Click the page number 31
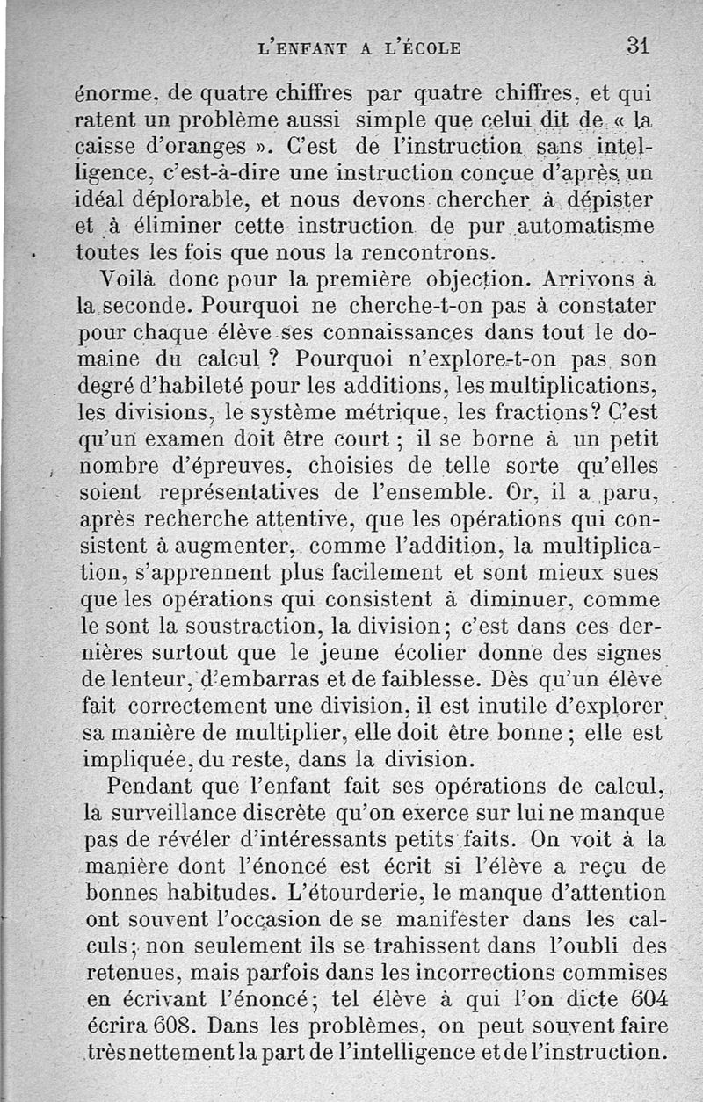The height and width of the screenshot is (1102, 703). coord(638,46)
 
